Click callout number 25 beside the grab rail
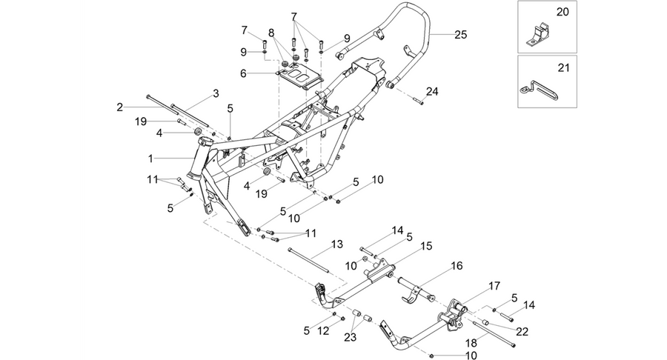(x=461, y=34)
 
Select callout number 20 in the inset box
(x=563, y=12)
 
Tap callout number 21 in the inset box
(x=563, y=67)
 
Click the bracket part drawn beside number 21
(x=540, y=89)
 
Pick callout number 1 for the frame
(x=150, y=159)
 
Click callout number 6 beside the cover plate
(x=243, y=73)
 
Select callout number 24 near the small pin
(x=432, y=91)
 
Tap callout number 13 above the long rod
(x=337, y=244)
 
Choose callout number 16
(x=457, y=266)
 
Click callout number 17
(x=494, y=286)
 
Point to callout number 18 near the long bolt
(x=471, y=344)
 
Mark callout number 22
(x=522, y=331)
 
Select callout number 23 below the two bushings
(x=350, y=338)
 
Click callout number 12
(x=323, y=330)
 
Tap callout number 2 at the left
(x=119, y=107)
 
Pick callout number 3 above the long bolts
(x=216, y=93)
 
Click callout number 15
(x=426, y=246)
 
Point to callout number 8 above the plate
(x=271, y=33)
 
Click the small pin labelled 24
(x=418, y=101)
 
